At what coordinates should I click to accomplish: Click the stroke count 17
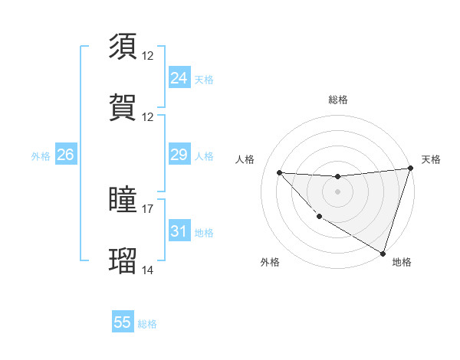148,208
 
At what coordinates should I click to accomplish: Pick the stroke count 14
148,270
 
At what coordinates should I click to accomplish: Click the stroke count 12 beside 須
148,55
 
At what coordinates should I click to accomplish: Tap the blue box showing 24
179,78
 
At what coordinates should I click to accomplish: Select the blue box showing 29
179,155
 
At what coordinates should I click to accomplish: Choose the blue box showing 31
179,231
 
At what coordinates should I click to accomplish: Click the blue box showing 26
65,155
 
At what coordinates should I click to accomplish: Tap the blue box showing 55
123,322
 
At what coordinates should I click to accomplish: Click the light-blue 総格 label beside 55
147,324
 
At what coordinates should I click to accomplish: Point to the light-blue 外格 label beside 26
41,156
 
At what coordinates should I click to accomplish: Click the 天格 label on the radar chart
431,159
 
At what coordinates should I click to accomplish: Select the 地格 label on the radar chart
402,262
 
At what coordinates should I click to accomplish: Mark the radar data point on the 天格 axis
409,169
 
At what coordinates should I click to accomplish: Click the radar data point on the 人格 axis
279,172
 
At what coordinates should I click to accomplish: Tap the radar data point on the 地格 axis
383,253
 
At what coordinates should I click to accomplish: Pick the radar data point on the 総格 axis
337,177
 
